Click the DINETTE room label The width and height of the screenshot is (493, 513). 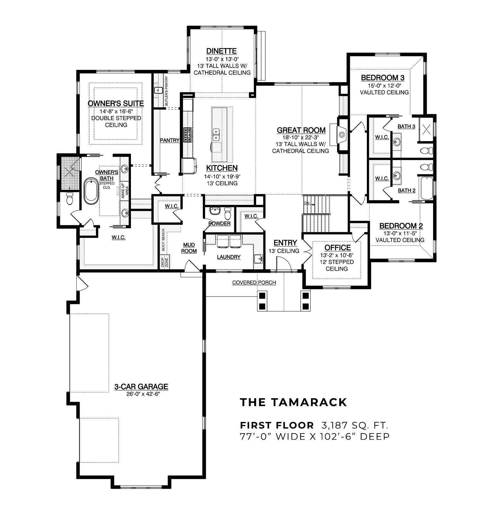pos(221,51)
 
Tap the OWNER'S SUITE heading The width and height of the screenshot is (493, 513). pos(116,104)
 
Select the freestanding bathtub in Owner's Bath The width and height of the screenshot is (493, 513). pos(91,191)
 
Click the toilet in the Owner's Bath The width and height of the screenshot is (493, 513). pos(69,199)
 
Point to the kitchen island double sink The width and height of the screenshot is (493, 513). pos(216,134)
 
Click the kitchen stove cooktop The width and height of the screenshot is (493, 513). pos(187,135)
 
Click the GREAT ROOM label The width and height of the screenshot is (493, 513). pos(301,130)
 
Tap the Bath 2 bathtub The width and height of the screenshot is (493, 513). pos(426,188)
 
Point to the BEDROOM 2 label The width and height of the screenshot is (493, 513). pos(401,226)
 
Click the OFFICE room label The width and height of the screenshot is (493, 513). pos(337,248)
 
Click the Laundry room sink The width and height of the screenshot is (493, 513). pos(258,259)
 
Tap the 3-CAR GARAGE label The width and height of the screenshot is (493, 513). pos(141,387)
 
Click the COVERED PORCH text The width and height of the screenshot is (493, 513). pos(254,282)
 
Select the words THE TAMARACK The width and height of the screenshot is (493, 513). pos(293,402)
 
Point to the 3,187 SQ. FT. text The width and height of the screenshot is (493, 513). pos(355,425)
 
